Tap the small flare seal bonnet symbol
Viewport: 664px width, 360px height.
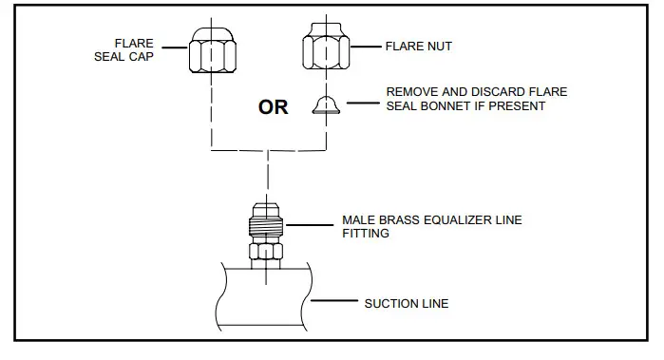pyautogui.click(x=327, y=104)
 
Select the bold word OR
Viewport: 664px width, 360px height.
pyautogui.click(x=274, y=106)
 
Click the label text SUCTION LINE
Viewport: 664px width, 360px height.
pyautogui.click(x=407, y=304)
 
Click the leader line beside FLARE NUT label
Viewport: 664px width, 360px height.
pyautogui.click(x=366, y=46)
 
